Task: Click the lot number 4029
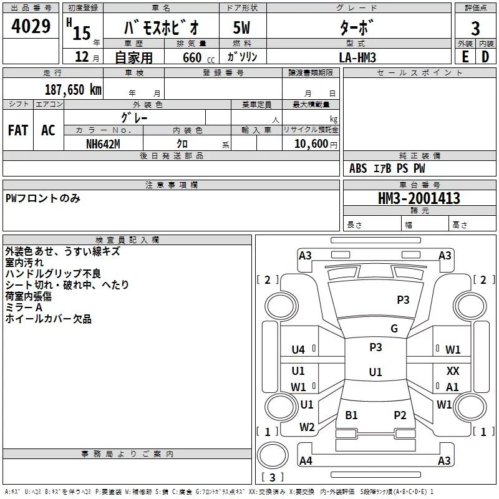(31, 28)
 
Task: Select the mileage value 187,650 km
(73, 89)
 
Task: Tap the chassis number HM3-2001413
(419, 198)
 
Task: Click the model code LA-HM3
(357, 56)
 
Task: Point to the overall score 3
(475, 28)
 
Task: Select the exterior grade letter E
(465, 56)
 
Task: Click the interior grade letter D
(486, 56)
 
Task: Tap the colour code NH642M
(103, 143)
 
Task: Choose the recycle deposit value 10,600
(309, 143)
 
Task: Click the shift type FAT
(18, 130)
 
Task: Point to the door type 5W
(242, 28)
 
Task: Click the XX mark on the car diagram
(453, 371)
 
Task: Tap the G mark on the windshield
(394, 329)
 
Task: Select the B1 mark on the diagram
(352, 415)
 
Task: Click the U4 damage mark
(298, 350)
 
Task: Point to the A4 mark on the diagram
(306, 461)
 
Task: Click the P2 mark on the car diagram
(400, 415)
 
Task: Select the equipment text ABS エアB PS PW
(387, 168)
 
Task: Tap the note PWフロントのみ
(42, 198)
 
